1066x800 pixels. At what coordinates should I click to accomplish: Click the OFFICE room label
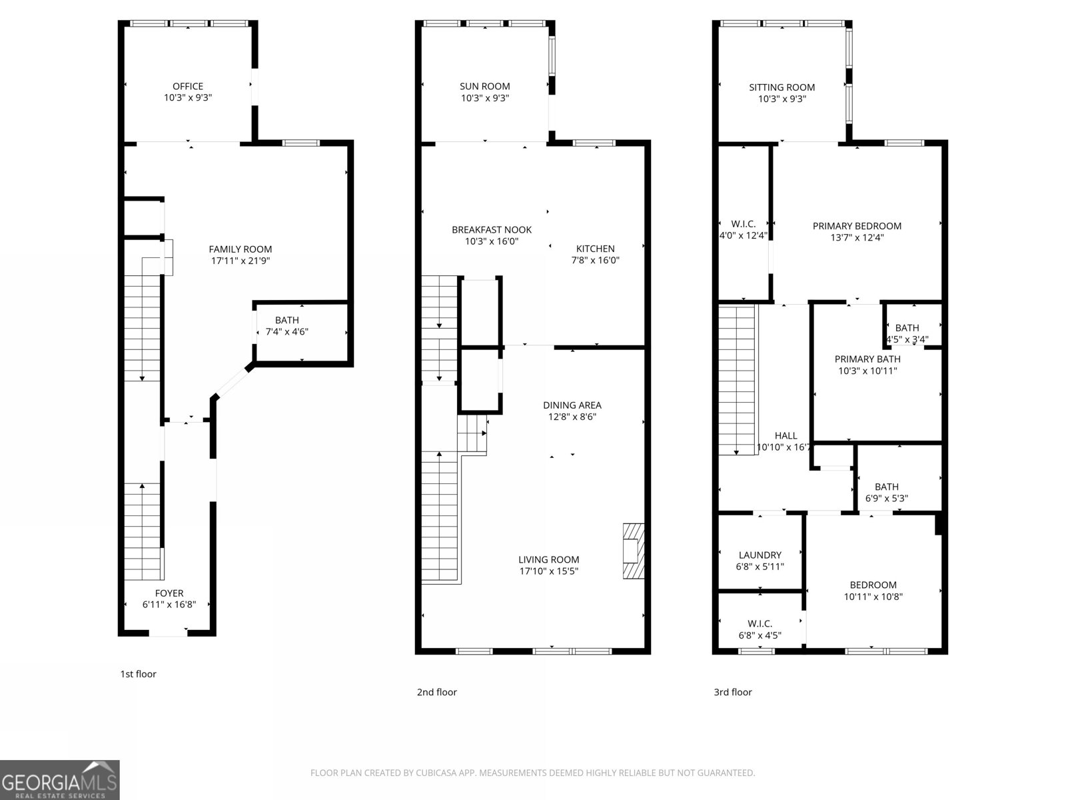tap(188, 86)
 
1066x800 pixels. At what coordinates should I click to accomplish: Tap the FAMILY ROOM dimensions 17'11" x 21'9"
tap(241, 261)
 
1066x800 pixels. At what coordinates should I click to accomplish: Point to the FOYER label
tap(169, 593)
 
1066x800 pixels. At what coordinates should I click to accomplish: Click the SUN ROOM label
tap(485, 86)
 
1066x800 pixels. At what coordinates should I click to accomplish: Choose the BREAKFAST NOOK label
tap(492, 229)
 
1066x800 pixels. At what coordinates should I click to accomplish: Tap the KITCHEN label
tap(596, 249)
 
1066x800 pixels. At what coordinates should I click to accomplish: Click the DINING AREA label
tap(572, 405)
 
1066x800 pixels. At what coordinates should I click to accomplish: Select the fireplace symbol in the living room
tap(634, 551)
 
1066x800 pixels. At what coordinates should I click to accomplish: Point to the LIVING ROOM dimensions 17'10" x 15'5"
tap(549, 571)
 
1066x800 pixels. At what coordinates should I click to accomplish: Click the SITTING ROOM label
tap(782, 87)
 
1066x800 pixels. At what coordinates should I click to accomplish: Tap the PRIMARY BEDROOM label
tap(857, 226)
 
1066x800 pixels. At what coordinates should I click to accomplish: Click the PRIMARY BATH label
tap(867, 359)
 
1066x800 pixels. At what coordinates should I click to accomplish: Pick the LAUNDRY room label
tap(760, 555)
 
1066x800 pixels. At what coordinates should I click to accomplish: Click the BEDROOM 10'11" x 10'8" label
tap(873, 585)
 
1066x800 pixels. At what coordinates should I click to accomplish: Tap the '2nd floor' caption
tap(437, 692)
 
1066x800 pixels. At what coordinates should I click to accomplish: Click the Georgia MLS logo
tap(60, 780)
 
